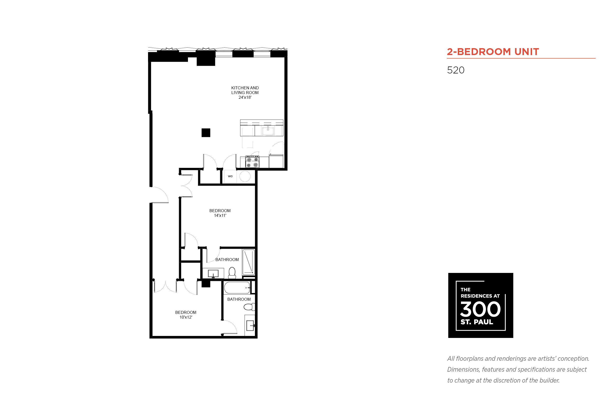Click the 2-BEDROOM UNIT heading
click(x=492, y=52)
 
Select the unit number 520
click(x=456, y=70)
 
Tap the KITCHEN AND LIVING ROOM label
click(x=245, y=90)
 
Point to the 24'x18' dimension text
click(x=245, y=98)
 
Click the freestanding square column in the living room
click(x=206, y=133)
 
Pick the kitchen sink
click(x=268, y=131)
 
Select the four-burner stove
click(x=252, y=162)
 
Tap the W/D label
click(x=230, y=176)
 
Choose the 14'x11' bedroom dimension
click(x=220, y=215)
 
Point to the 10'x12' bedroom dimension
click(x=186, y=317)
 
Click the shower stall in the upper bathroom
click(x=248, y=263)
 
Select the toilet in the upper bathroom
click(x=232, y=273)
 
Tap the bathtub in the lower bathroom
click(x=237, y=288)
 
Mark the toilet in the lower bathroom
click(x=249, y=307)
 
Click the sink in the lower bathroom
click(x=250, y=326)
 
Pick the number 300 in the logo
click(x=480, y=309)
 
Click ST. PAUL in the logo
click(x=477, y=322)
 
